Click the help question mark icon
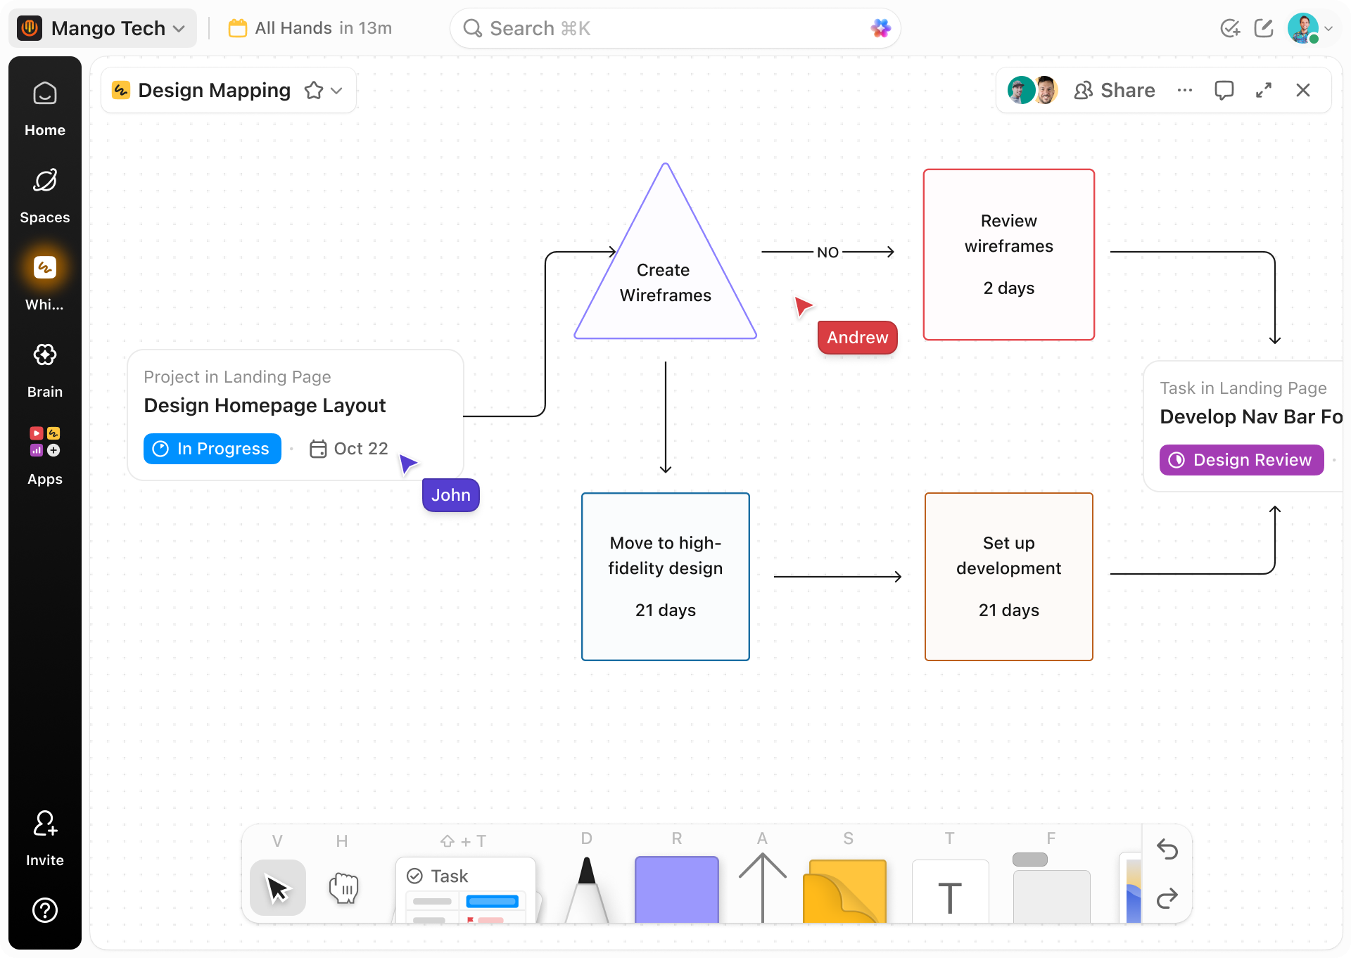point(45,910)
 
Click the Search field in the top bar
point(661,29)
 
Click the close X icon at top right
point(1303,90)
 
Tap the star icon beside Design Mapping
point(314,91)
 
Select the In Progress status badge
point(213,449)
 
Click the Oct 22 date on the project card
point(350,449)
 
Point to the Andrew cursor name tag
point(857,338)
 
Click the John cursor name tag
point(450,495)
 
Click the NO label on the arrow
point(827,253)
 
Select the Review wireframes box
point(1008,255)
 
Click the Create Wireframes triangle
point(665,281)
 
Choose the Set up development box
point(1008,577)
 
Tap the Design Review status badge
point(1241,460)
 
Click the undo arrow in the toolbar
point(1167,850)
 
